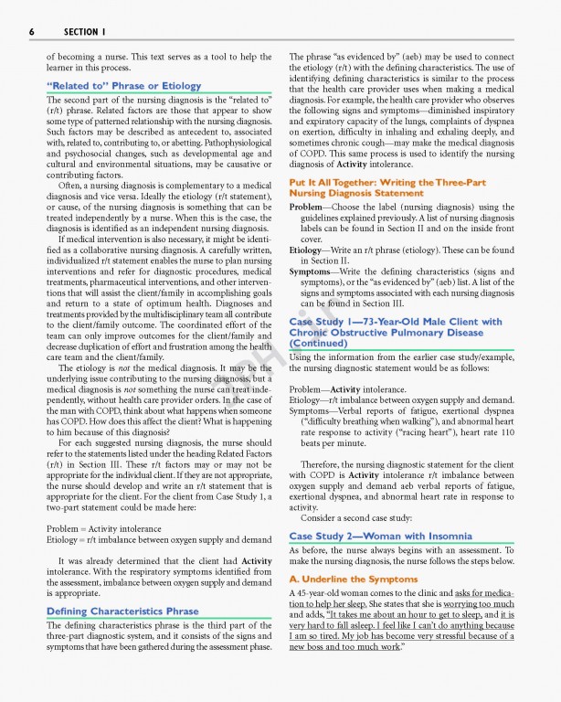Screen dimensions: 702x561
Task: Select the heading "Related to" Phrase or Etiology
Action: (123, 86)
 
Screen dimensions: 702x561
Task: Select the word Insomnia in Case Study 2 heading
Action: (444, 536)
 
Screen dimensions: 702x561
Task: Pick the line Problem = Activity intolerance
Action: (103, 529)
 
